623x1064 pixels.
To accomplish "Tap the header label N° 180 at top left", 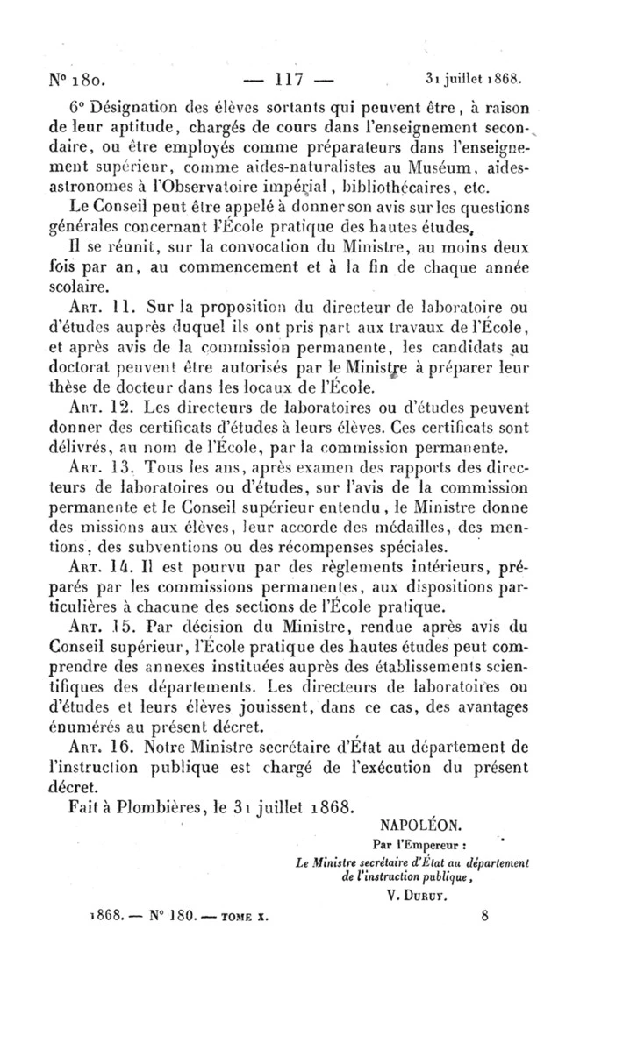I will coord(79,79).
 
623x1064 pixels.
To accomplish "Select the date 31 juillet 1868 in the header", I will coord(474,77).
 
